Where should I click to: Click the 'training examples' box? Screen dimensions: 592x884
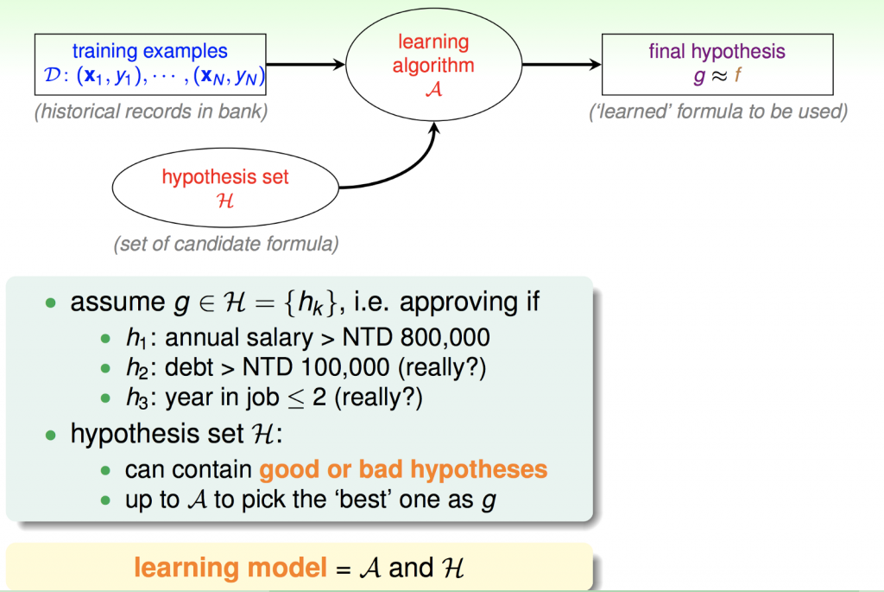(x=150, y=66)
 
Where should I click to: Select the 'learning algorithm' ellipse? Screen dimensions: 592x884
(x=434, y=65)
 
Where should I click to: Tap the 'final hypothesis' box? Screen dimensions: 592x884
(x=717, y=63)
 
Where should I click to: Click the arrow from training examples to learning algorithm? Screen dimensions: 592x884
(x=306, y=64)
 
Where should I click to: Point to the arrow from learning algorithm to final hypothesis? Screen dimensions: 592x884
(x=562, y=64)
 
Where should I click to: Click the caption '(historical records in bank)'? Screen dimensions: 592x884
(x=150, y=111)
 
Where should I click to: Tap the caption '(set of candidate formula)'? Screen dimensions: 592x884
(x=225, y=244)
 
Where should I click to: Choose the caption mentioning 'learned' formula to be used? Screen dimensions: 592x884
(x=717, y=111)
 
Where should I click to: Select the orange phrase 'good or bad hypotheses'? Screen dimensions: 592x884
(x=403, y=469)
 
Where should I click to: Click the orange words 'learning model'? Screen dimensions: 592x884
(x=230, y=568)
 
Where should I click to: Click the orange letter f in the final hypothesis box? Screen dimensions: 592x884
(x=738, y=75)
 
